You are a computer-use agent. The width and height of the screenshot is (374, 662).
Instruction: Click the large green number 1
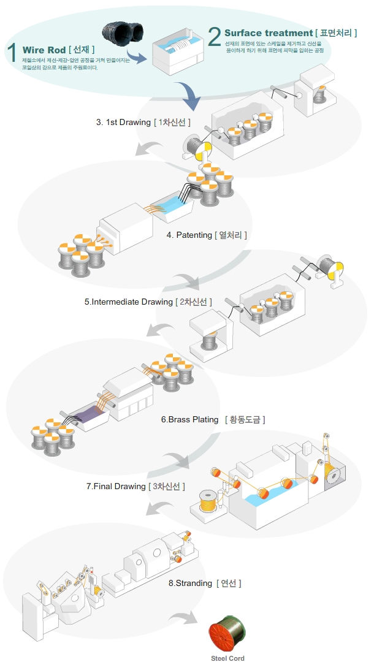[x=12, y=52]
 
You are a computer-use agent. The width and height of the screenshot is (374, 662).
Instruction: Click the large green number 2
[x=214, y=37]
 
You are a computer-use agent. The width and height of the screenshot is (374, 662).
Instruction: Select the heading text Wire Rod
[x=44, y=50]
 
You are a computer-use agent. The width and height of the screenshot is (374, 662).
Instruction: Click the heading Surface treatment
[x=269, y=32]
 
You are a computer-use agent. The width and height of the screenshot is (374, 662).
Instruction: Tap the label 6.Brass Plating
[x=189, y=419]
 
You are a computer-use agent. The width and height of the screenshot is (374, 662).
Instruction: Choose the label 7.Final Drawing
[x=116, y=486]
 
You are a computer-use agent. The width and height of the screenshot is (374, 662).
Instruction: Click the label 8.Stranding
[x=190, y=583]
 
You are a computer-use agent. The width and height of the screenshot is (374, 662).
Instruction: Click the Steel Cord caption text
[x=229, y=658]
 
